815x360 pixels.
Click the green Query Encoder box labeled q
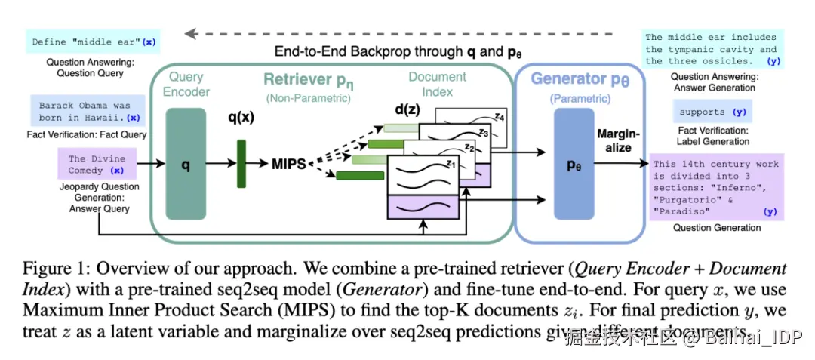(x=186, y=164)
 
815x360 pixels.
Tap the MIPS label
(x=288, y=164)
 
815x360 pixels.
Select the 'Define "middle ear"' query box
(x=93, y=42)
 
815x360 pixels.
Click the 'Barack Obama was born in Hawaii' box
(x=84, y=112)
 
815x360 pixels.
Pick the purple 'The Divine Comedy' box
(x=96, y=165)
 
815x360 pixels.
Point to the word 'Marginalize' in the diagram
(x=619, y=140)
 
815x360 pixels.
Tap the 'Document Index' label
(x=437, y=84)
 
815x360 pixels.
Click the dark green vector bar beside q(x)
(x=242, y=164)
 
